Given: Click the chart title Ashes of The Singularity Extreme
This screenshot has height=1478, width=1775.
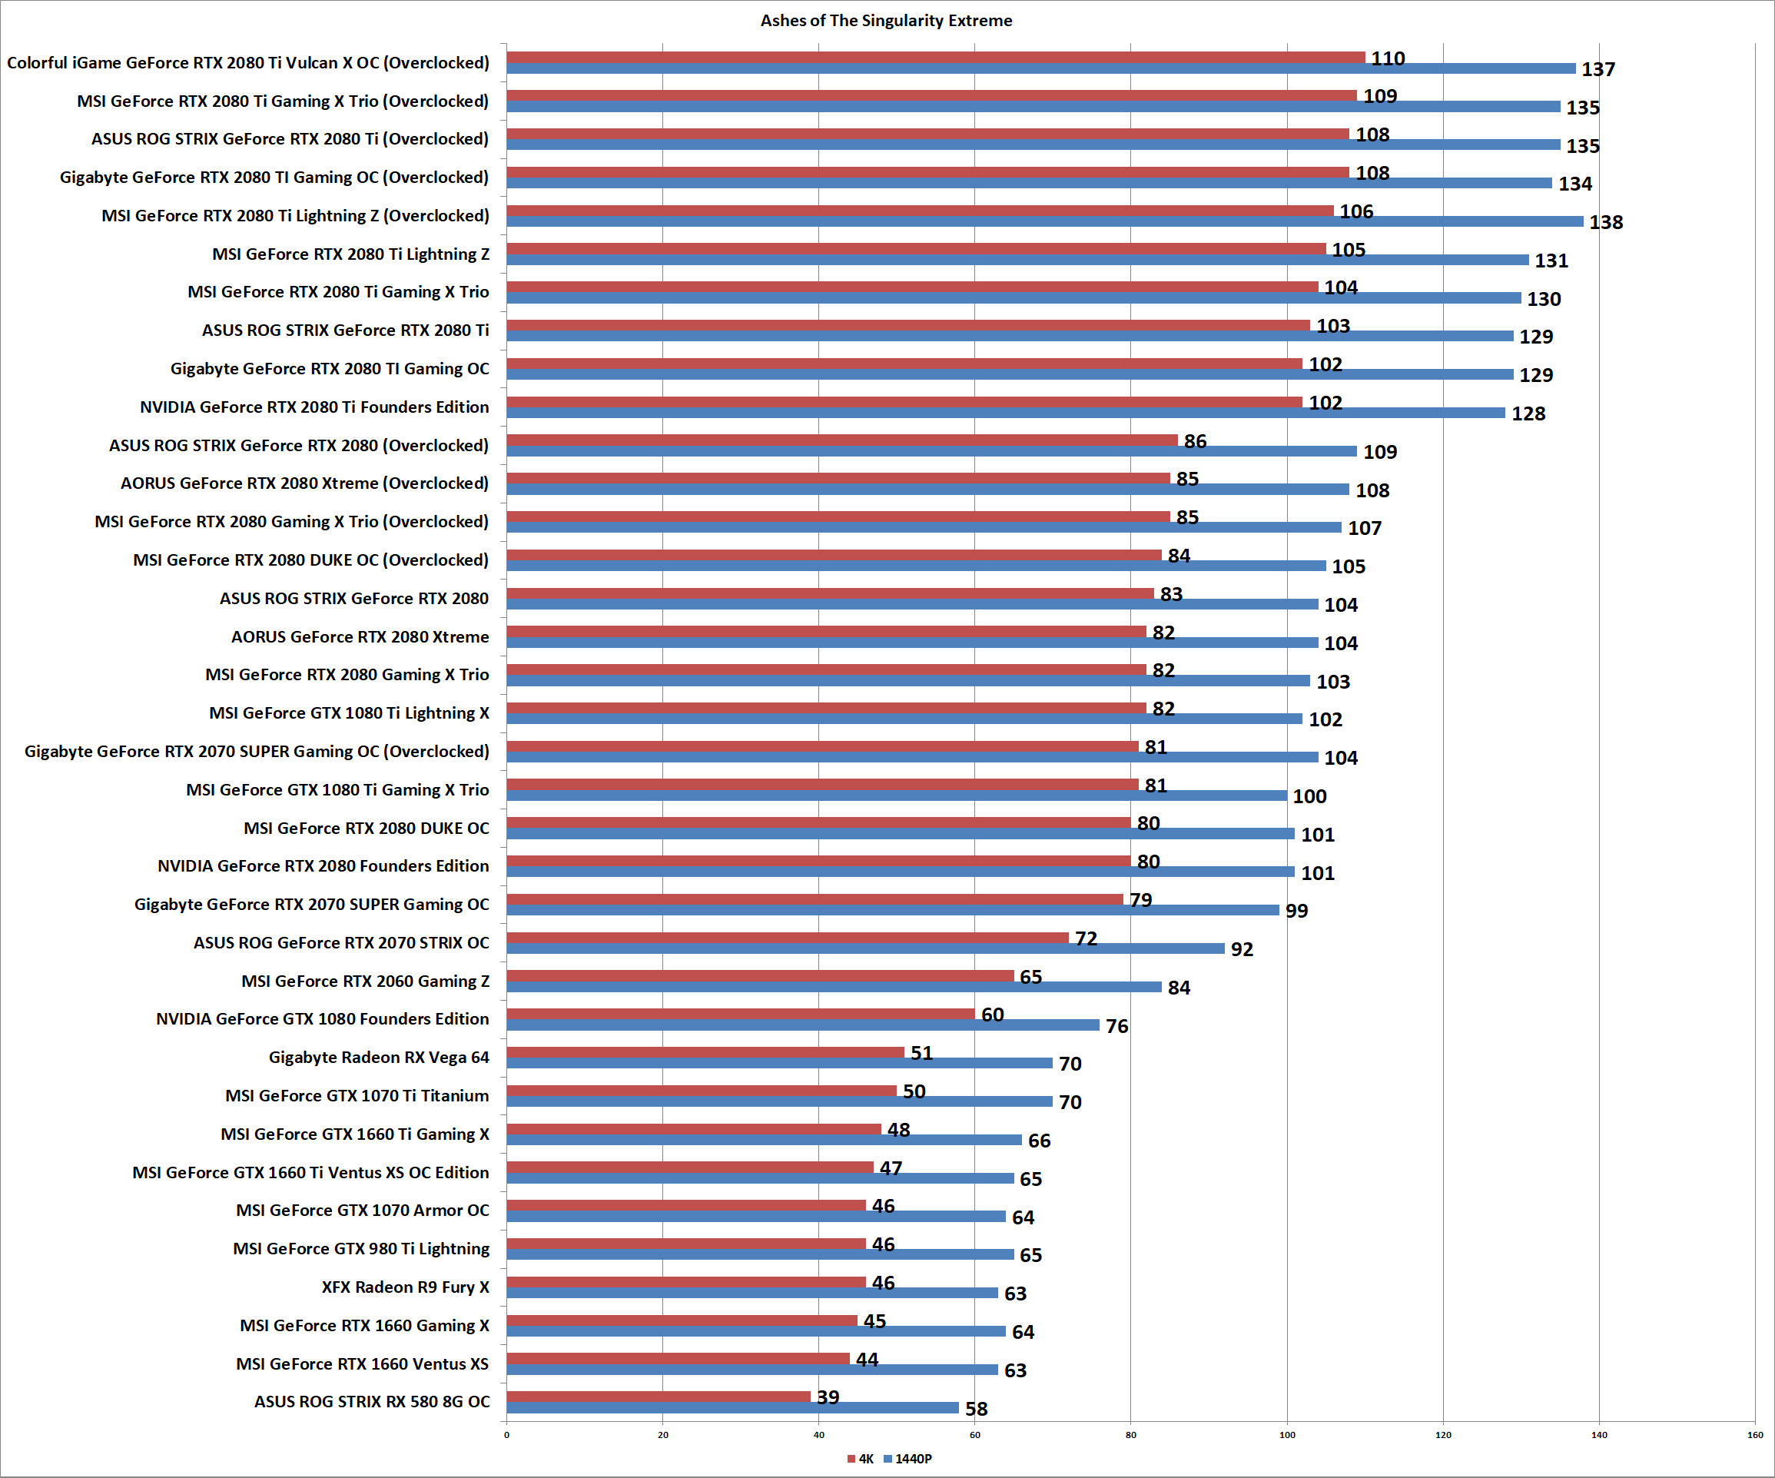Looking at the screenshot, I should [886, 20].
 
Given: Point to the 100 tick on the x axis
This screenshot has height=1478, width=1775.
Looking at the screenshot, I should [1286, 1435].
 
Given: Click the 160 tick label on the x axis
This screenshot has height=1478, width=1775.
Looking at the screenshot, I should [1755, 1435].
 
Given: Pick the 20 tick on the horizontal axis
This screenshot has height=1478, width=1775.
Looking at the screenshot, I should [662, 1435].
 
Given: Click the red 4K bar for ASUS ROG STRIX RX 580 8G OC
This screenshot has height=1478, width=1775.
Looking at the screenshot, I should [659, 1397].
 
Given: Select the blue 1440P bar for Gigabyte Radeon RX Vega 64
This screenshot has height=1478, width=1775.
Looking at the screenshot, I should [779, 1063].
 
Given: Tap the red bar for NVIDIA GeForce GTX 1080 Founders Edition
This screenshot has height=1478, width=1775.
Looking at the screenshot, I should [741, 1014].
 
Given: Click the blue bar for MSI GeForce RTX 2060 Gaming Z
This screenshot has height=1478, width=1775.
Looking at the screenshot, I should [834, 987].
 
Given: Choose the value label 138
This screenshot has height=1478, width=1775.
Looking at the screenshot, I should [1606, 222].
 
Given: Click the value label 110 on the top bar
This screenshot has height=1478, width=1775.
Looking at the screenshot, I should [1388, 58].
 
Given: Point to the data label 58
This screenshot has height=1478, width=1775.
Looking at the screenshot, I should [976, 1409].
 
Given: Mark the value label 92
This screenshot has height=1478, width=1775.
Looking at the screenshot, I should [1242, 949].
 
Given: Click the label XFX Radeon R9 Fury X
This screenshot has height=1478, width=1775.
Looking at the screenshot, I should [405, 1287].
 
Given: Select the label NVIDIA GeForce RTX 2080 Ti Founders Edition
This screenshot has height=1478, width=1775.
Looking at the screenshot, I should [314, 407].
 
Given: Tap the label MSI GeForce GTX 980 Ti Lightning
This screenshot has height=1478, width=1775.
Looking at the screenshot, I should [361, 1249].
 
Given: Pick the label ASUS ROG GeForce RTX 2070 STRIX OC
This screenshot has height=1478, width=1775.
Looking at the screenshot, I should [341, 943].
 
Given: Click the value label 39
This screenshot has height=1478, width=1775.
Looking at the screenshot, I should [828, 1397].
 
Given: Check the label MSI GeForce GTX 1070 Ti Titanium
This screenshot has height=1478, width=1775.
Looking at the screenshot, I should [357, 1096].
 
